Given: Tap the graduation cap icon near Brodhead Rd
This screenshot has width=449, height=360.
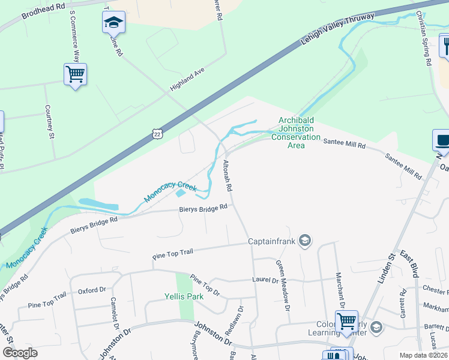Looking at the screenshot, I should coord(113,23).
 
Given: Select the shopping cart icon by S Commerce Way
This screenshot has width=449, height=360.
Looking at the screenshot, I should coord(75,75).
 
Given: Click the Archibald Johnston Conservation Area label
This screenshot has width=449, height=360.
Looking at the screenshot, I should coord(296,133).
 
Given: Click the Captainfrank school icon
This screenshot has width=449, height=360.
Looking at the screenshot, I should coord(304,241).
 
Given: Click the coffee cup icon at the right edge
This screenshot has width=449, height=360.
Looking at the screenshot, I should coord(442,141).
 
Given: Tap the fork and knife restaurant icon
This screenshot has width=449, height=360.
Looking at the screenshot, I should coord(445,45).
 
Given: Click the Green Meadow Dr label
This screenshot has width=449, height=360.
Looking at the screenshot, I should coord(283,284).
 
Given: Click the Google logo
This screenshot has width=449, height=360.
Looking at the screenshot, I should coord(20,353).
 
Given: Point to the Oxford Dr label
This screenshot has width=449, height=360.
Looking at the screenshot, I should coord(92,291).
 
